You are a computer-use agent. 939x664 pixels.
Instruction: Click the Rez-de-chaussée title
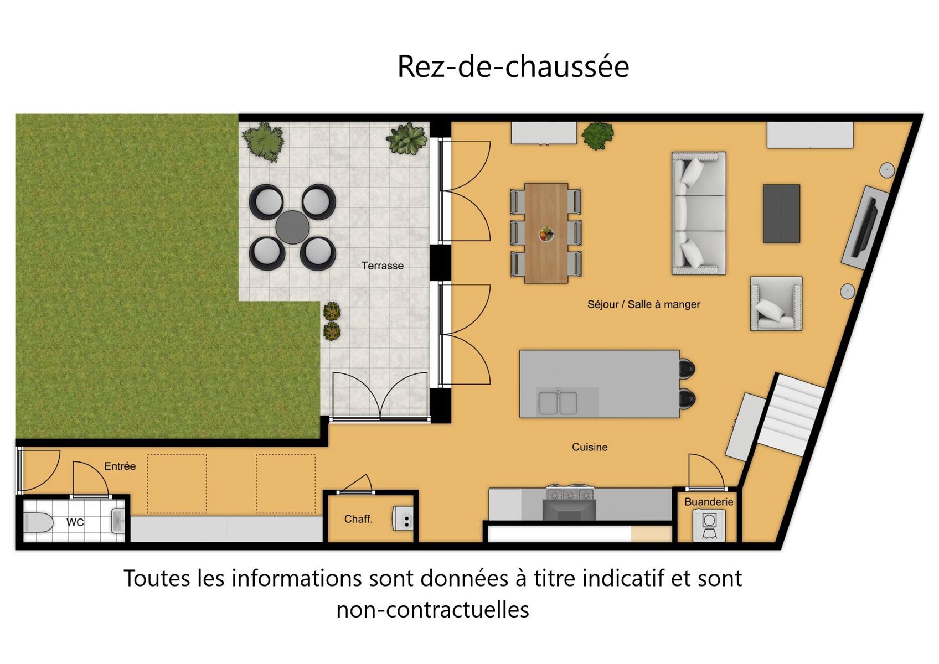[513, 66]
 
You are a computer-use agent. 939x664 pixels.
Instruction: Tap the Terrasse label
[383, 266]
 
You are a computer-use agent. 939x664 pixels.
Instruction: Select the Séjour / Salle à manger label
[643, 304]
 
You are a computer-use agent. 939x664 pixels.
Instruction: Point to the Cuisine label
[590, 447]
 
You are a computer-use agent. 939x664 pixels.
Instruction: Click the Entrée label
[120, 466]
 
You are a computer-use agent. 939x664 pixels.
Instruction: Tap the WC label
[75, 522]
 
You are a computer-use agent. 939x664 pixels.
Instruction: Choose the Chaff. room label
[358, 519]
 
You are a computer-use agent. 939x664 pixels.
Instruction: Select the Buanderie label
[709, 502]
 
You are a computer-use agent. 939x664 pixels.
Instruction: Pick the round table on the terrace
[292, 227]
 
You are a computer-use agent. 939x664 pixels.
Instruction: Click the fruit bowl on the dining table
[546, 234]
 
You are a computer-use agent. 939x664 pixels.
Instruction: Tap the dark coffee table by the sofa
[781, 214]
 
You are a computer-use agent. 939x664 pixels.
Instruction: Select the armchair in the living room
[776, 304]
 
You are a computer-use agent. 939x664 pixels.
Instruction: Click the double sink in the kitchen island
[558, 403]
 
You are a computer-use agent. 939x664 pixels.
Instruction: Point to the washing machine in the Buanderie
[709, 525]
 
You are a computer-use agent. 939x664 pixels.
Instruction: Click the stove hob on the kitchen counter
[570, 494]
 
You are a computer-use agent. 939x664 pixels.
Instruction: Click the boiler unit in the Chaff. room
[403, 519]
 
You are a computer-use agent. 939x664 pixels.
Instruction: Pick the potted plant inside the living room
[598, 136]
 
